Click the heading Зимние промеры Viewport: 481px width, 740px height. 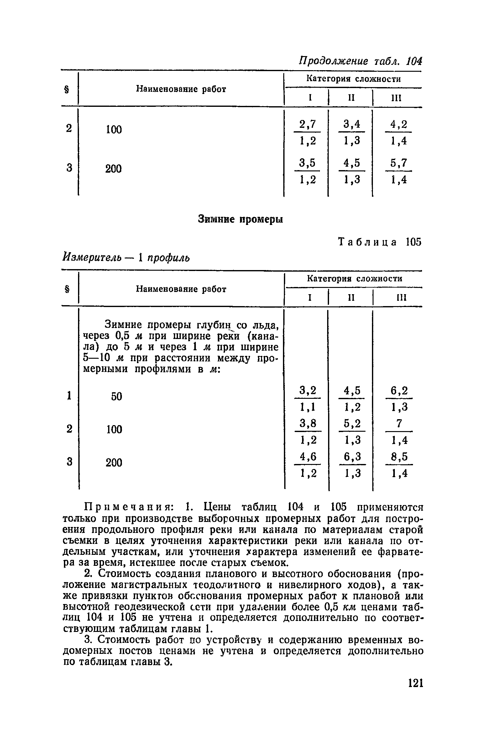(241, 220)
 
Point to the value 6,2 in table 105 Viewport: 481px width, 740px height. (399, 391)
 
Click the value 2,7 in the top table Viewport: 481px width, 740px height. (307, 124)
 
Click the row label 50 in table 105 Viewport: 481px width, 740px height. (116, 397)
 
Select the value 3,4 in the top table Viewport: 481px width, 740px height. (352, 124)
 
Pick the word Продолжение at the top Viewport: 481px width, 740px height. (333, 61)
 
